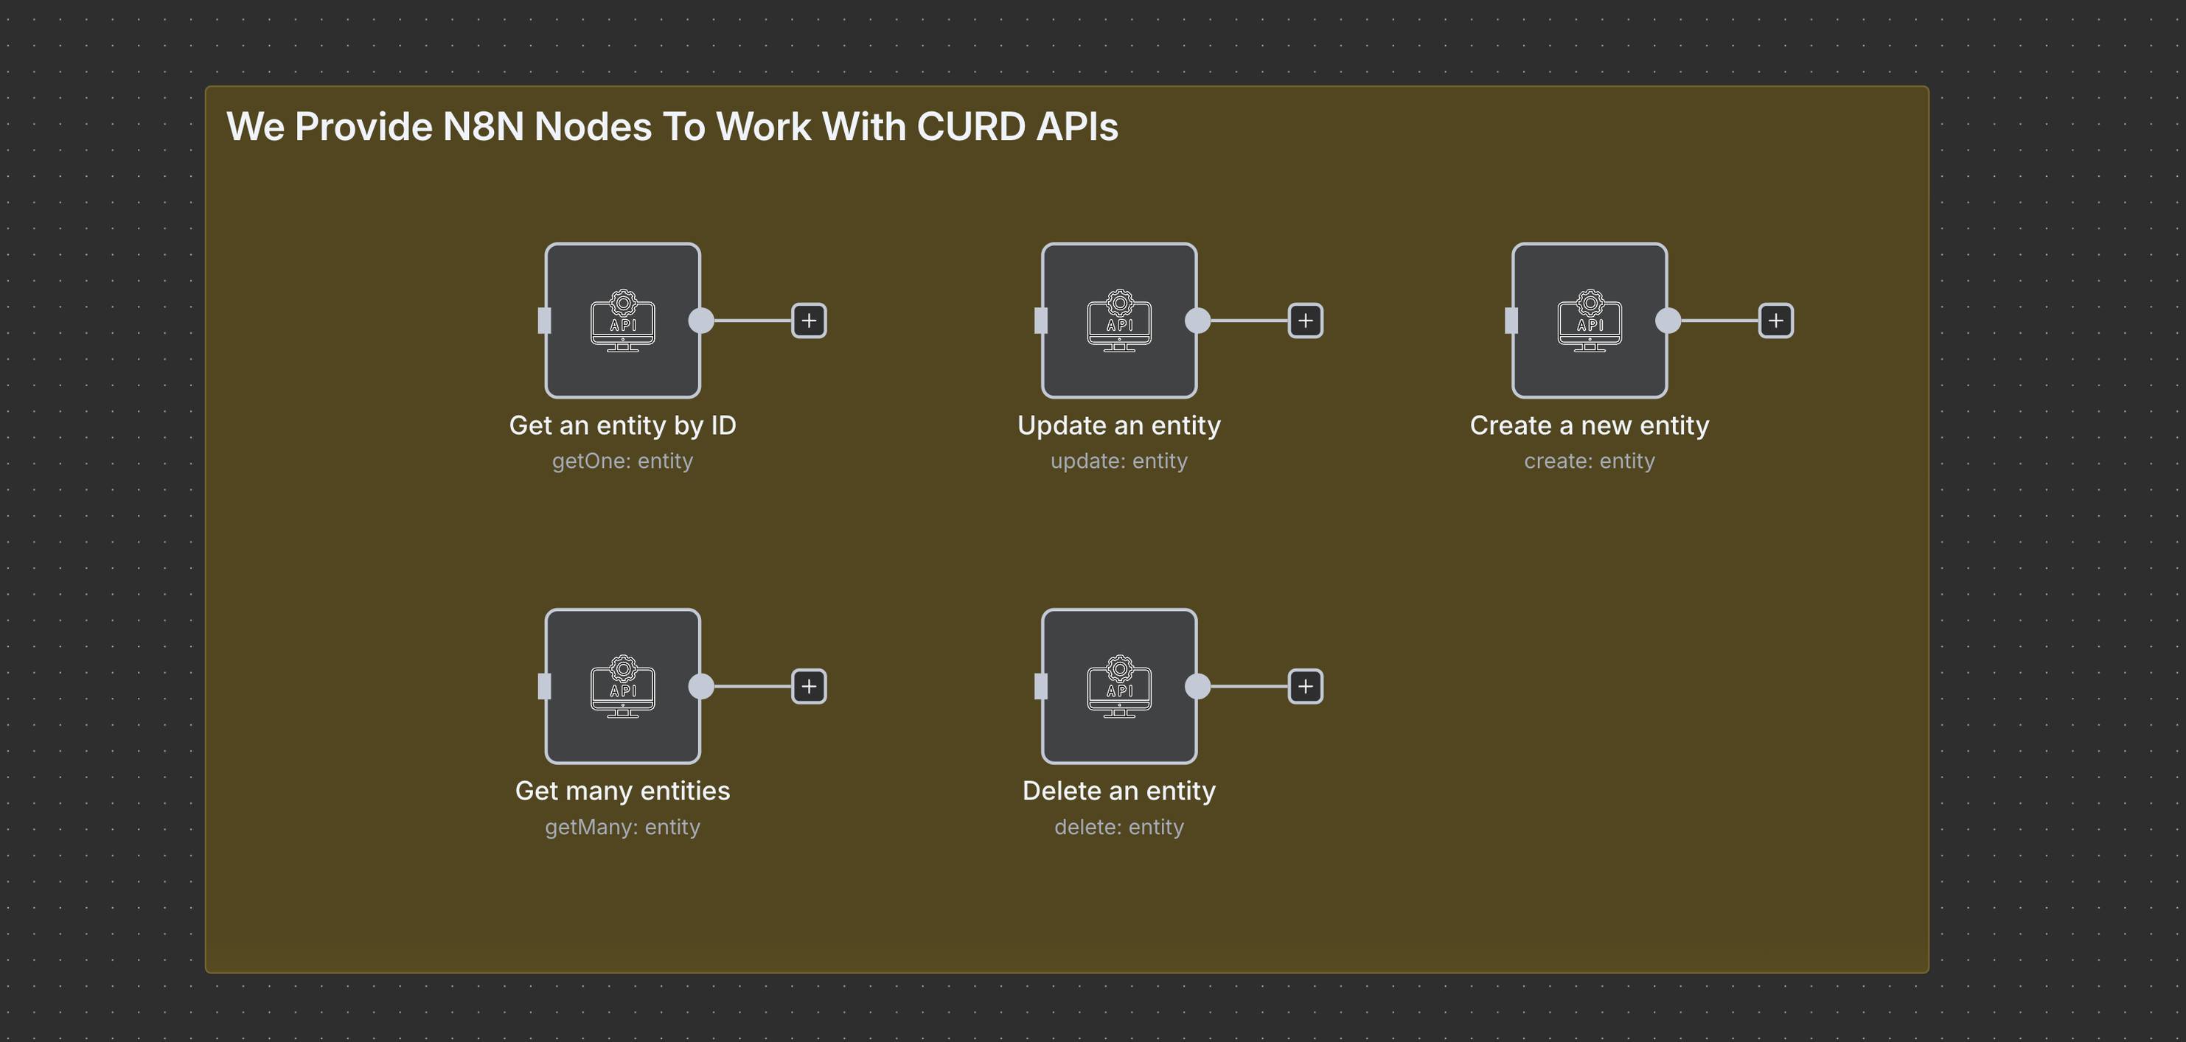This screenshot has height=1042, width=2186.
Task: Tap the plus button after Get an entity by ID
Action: (x=809, y=321)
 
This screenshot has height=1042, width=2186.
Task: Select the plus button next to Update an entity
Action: (x=1305, y=321)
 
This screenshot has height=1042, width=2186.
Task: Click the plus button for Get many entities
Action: (x=809, y=687)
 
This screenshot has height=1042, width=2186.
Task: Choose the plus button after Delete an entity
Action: (x=1305, y=687)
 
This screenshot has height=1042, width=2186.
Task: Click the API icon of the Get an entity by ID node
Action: (x=623, y=321)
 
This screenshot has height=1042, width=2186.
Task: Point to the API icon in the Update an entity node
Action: (x=1119, y=321)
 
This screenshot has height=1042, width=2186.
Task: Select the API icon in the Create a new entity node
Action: (x=1590, y=321)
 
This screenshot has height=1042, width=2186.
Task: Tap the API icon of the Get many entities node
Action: (x=623, y=687)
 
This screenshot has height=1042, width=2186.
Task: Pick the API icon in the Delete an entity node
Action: (x=1119, y=687)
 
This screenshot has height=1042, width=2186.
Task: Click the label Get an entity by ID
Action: (x=622, y=425)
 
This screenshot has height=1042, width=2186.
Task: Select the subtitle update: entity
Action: (x=1118, y=461)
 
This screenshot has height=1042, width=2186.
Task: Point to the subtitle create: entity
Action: (x=1589, y=461)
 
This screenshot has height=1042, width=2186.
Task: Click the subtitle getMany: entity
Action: (x=622, y=827)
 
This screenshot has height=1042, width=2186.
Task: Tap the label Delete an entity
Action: (x=1118, y=791)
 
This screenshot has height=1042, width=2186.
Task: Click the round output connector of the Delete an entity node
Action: (x=1197, y=687)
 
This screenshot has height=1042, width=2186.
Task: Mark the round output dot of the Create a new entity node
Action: (x=1668, y=321)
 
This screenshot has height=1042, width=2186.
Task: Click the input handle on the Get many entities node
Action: (x=545, y=687)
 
